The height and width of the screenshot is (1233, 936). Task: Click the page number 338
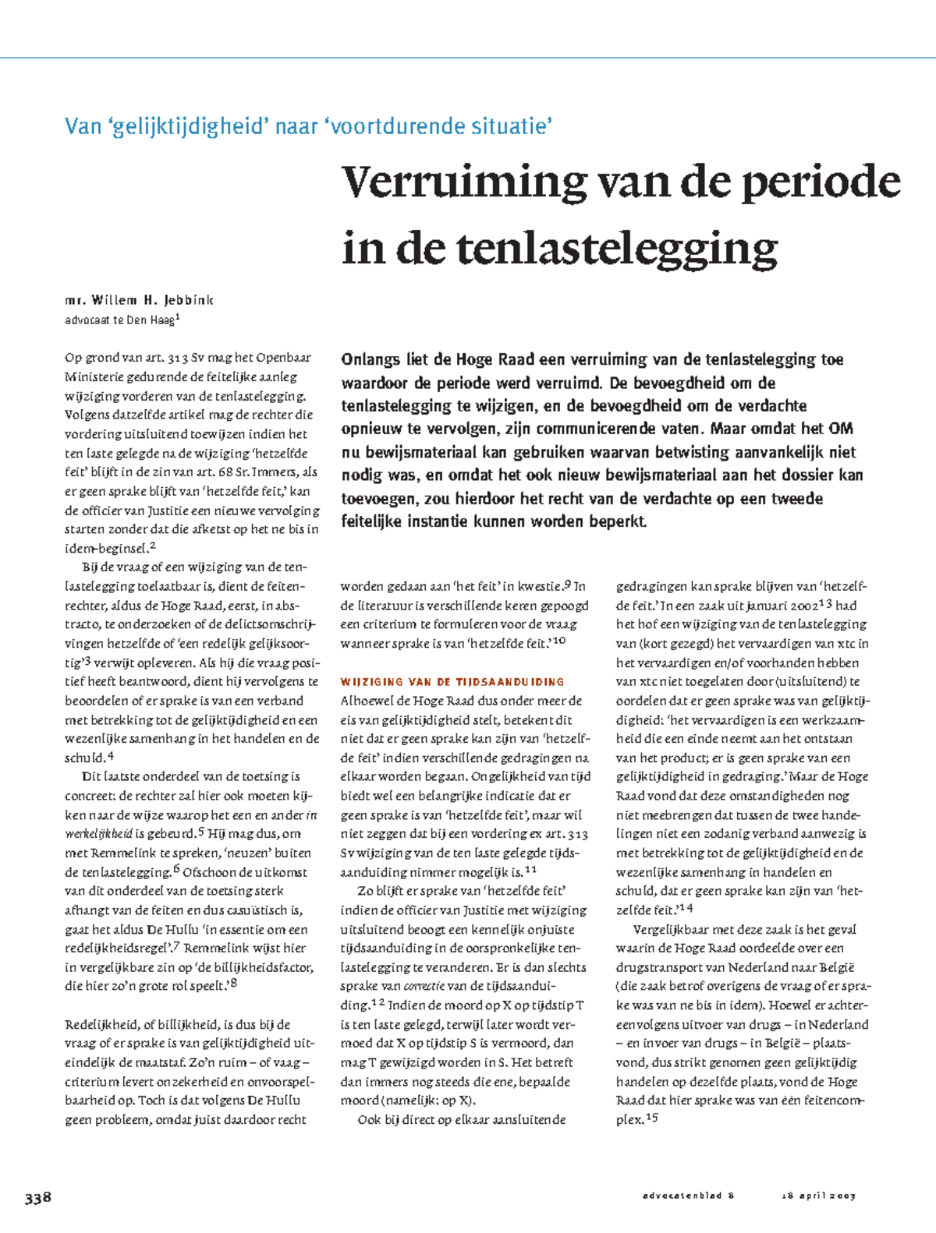[x=37, y=1197]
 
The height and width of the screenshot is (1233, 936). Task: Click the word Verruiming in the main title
[x=464, y=182]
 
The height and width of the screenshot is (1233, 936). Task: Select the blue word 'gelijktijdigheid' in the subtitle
[x=187, y=125]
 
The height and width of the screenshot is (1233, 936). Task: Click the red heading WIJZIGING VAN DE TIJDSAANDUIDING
[x=452, y=682]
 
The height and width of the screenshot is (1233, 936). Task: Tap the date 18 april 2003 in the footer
[x=818, y=1196]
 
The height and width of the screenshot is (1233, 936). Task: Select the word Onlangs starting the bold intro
[x=370, y=360]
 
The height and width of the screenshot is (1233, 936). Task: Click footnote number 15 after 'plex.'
[x=653, y=1118]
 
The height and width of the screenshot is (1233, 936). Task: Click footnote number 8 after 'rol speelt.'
[x=233, y=984]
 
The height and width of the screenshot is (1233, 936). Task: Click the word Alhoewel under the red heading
[x=366, y=701]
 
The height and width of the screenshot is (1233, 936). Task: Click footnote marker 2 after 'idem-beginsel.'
[x=153, y=546]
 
